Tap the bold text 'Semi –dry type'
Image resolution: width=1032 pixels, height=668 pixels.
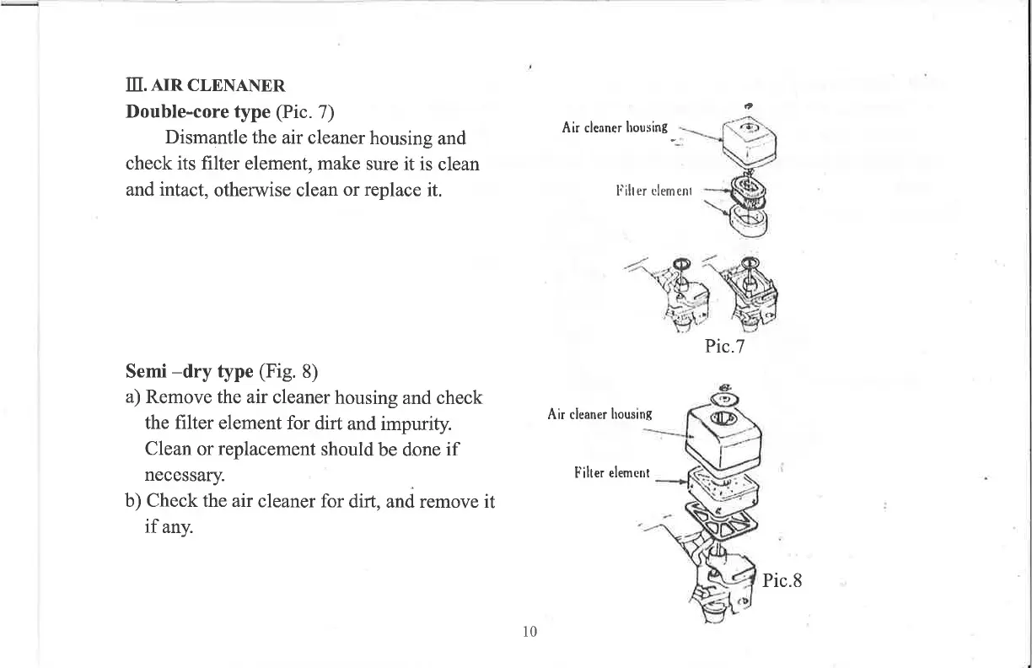tap(189, 371)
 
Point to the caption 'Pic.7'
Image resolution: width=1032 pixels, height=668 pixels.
tap(724, 347)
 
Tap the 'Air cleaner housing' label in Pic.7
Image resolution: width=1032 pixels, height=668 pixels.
tap(615, 128)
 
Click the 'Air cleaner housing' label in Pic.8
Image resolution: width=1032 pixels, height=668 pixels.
tap(600, 414)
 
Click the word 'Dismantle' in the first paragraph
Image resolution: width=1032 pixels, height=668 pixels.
tap(204, 137)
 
